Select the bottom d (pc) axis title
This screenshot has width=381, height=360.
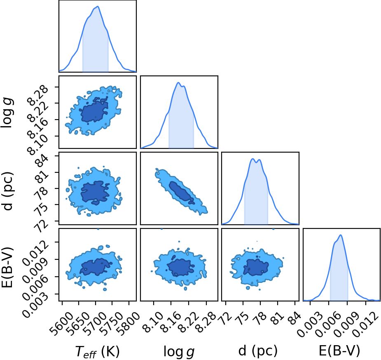click(x=258, y=351)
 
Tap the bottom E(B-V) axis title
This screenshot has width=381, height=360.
click(x=339, y=351)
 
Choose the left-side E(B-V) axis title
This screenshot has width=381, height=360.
click(x=7, y=267)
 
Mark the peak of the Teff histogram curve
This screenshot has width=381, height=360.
click(x=98, y=7)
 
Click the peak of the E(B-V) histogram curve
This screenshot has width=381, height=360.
click(x=341, y=235)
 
